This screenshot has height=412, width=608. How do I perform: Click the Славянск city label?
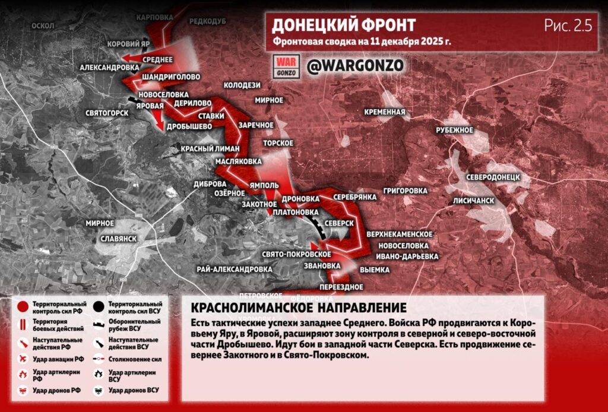(119, 238)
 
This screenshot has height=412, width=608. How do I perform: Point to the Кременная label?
(385, 112)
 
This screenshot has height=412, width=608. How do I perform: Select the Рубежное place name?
(454, 129)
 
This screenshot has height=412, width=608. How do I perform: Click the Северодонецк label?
(493, 177)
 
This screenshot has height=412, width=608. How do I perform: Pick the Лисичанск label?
(473, 201)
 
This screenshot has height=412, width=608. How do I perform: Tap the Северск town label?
(339, 222)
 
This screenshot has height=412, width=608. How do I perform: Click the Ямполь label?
(264, 185)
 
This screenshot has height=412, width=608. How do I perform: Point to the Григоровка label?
(406, 191)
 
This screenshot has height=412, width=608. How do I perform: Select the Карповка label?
(154, 17)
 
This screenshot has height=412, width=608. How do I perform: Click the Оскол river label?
(43, 26)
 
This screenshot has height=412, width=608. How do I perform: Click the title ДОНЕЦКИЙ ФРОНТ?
(344, 26)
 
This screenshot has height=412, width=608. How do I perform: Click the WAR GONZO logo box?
(287, 66)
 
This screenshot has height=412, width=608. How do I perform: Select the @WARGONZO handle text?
(355, 66)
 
